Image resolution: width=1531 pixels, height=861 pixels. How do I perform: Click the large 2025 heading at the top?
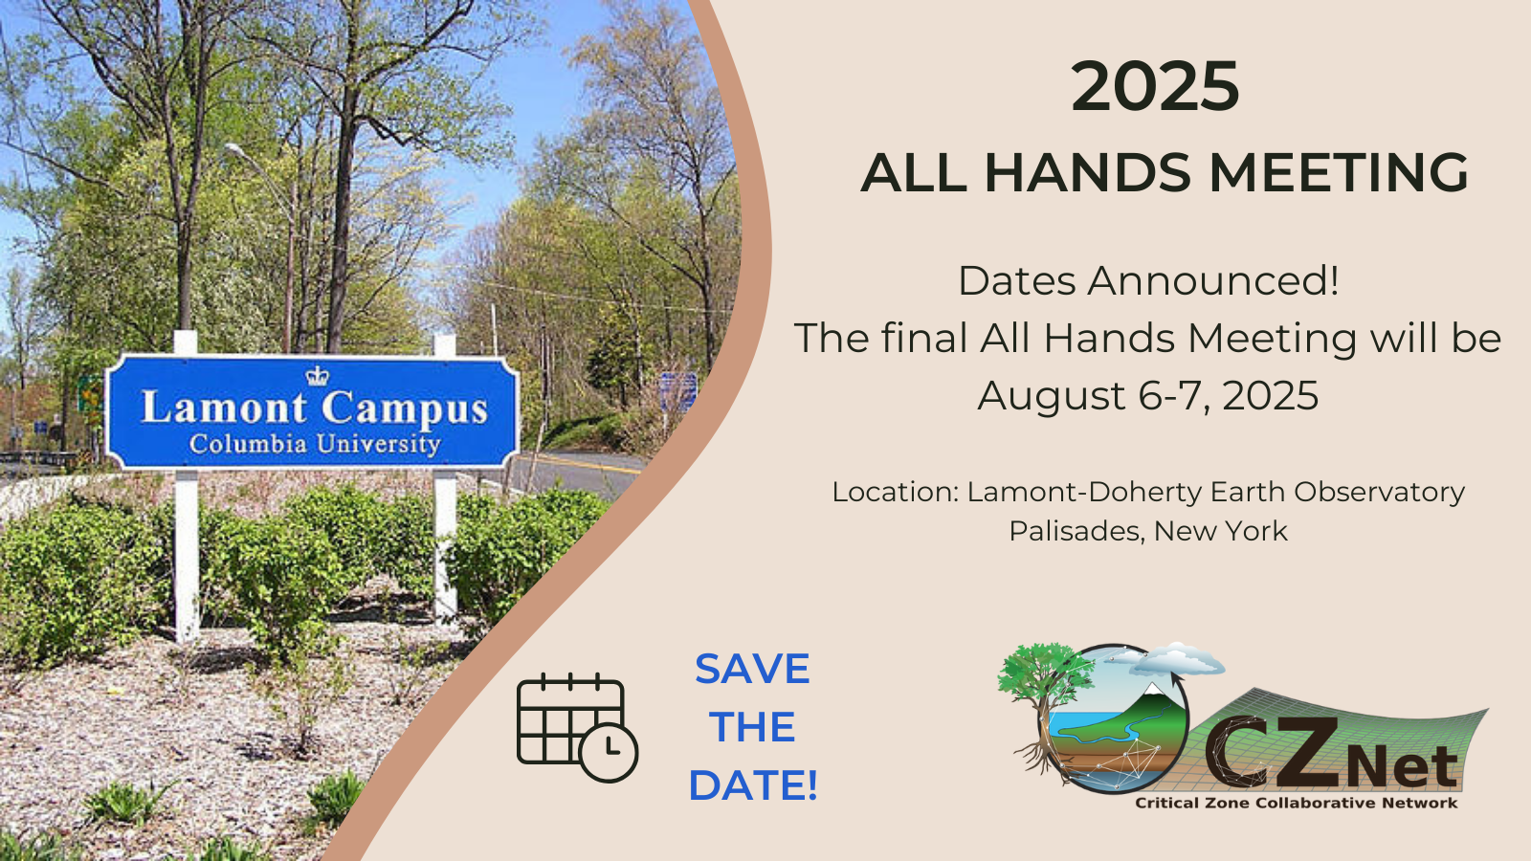pyautogui.click(x=1154, y=87)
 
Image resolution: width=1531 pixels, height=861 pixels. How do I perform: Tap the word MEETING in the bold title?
pyautogui.click(x=1339, y=172)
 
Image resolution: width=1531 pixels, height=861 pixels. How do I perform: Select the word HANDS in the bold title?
pyautogui.click(x=1087, y=172)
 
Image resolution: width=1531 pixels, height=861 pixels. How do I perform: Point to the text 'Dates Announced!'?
pyautogui.click(x=1148, y=281)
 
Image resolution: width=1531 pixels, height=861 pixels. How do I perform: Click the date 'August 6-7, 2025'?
pyautogui.click(x=1148, y=396)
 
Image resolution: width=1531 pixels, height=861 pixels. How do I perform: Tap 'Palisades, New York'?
pyautogui.click(x=1148, y=531)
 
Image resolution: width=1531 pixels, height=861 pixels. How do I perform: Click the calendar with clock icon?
pyautogui.click(x=577, y=728)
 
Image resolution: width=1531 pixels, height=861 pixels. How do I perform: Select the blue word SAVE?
pyautogui.click(x=752, y=669)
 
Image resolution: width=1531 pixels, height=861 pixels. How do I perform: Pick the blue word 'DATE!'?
pyautogui.click(x=752, y=785)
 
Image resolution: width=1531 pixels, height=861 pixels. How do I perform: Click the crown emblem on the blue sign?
pyautogui.click(x=317, y=375)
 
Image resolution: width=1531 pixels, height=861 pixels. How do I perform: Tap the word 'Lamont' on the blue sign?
pyautogui.click(x=224, y=408)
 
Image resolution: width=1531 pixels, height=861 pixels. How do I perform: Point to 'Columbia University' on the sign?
pyautogui.click(x=315, y=444)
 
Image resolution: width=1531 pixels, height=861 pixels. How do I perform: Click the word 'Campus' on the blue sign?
pyautogui.click(x=405, y=409)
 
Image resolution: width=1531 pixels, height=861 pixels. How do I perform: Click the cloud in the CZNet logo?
pyautogui.click(x=1176, y=658)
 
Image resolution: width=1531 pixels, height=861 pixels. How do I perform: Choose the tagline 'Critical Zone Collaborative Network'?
pyautogui.click(x=1296, y=803)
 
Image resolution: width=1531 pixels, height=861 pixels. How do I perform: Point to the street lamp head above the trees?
pyautogui.click(x=235, y=149)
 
